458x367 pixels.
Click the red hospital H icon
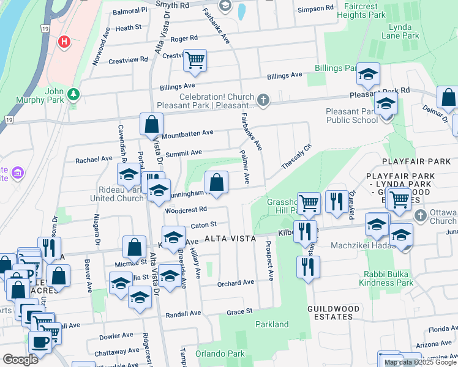coord(63,42)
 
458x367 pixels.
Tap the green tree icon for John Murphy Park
coord(73,94)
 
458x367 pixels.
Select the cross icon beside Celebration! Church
coord(263,100)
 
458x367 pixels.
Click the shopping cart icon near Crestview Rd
coord(195,60)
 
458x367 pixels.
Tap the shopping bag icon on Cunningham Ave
coord(216,182)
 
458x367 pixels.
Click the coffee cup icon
coord(40,343)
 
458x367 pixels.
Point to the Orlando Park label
coord(220,354)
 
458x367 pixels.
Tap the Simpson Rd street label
coord(315,9)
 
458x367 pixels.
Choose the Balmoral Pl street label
coord(127,10)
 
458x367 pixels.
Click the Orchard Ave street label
coord(236,283)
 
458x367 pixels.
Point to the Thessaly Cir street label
coord(296,157)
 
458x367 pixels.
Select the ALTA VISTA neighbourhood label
coord(230,239)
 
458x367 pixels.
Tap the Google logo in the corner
coord(20,360)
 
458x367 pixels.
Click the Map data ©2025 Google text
coord(420,362)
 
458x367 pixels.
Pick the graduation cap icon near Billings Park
coord(368,75)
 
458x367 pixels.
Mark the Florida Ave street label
coord(443,329)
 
